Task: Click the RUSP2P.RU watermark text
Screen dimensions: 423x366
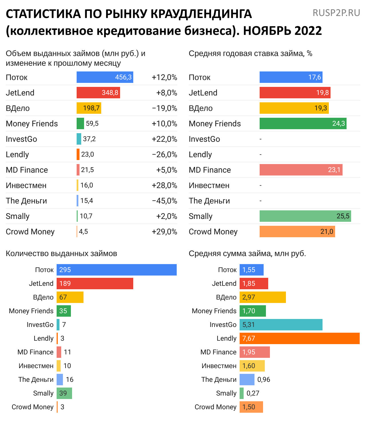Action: [x=336, y=13]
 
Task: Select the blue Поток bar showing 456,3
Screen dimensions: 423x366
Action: [x=105, y=77]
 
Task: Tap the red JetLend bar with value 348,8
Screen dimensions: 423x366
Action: [x=98, y=93]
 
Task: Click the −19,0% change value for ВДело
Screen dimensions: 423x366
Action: [x=164, y=108]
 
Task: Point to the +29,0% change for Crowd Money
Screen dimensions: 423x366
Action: [x=164, y=232]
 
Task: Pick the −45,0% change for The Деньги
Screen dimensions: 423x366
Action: [x=164, y=201]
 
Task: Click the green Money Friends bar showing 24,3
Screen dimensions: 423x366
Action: [x=303, y=123]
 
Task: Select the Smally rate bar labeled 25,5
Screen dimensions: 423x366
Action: [x=305, y=216]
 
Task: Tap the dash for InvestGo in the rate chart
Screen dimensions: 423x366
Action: [x=260, y=139]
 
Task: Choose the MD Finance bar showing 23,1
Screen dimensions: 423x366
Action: [x=301, y=170]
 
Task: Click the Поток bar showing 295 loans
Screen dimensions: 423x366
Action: [x=117, y=270]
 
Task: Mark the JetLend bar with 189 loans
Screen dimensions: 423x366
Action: [x=95, y=284]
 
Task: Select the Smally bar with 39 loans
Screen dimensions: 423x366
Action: [x=64, y=393]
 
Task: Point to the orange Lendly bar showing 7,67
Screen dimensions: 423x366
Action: [x=299, y=338]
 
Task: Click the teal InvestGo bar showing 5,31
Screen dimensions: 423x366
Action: [x=281, y=325]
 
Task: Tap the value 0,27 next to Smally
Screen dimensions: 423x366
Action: [x=253, y=393]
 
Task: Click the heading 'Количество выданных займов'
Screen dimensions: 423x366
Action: [x=61, y=254]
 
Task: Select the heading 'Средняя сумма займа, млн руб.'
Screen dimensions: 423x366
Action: [x=247, y=254]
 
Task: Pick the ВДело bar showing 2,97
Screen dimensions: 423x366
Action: [x=262, y=297]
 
